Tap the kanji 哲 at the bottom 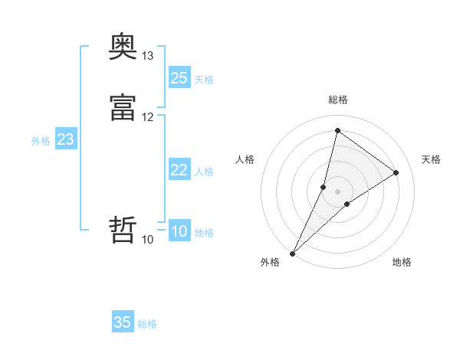[x=123, y=231]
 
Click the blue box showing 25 [x=179, y=78]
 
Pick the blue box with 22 [x=179, y=170]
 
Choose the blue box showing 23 [x=66, y=139]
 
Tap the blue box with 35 [x=123, y=322]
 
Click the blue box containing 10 [x=179, y=232]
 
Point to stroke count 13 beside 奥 [x=148, y=56]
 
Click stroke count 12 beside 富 [x=148, y=117]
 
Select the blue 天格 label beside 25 [x=204, y=80]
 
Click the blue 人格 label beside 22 [x=204, y=172]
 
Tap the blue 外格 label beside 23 [x=41, y=141]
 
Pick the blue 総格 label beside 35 [x=147, y=324]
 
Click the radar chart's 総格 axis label [x=338, y=100]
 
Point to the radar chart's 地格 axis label [x=402, y=262]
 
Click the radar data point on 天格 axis [x=396, y=172]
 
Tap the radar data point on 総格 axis [x=337, y=130]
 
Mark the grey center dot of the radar [x=337, y=191]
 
